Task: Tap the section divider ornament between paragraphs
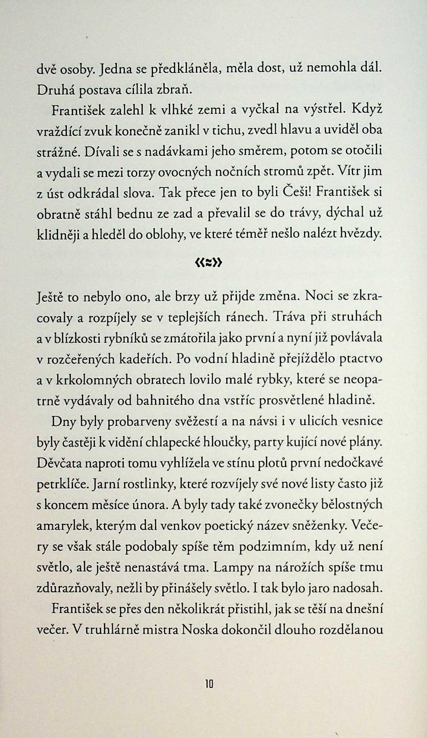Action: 209,263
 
